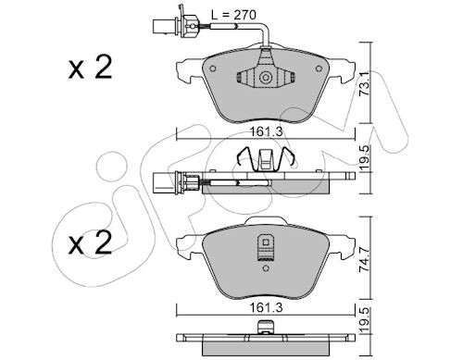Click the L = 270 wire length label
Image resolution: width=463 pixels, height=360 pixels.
click(x=233, y=15)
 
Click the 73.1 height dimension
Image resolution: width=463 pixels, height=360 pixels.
click(x=365, y=83)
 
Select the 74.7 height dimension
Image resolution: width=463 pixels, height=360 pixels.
click(x=365, y=260)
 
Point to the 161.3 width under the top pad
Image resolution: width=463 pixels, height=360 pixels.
click(x=266, y=132)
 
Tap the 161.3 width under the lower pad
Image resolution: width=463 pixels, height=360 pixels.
click(x=266, y=307)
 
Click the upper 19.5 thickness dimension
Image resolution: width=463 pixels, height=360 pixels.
click(x=365, y=158)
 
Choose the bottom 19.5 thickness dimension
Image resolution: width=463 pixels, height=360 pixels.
click(x=365, y=320)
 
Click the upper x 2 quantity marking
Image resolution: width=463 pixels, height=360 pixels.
click(x=90, y=68)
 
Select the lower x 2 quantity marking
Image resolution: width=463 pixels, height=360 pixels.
click(x=90, y=243)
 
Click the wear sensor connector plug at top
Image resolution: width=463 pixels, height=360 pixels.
click(x=164, y=26)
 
